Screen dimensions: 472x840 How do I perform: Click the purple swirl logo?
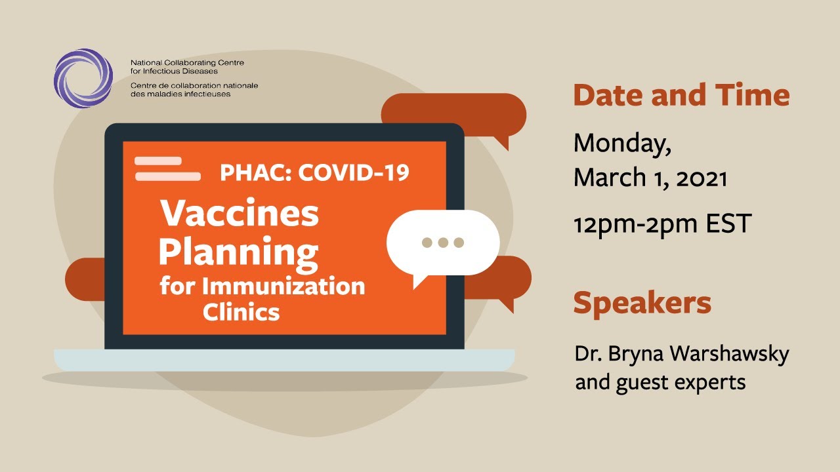coord(83,78)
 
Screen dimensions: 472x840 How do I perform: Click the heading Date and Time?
coord(681,95)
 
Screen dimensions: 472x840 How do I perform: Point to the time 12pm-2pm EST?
coord(662,224)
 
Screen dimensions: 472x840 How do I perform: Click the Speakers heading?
coord(642,303)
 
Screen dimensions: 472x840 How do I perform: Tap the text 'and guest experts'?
coord(660,382)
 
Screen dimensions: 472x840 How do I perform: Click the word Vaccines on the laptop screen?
coord(240,213)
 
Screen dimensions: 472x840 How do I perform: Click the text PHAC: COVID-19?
coord(314,172)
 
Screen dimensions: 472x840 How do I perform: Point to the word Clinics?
coord(241,312)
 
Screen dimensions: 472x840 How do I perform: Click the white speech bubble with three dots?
coord(442,243)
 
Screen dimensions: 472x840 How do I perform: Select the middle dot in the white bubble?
coord(443,243)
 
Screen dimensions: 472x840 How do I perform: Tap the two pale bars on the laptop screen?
coord(167,168)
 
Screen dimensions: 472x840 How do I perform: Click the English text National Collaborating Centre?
coord(186,63)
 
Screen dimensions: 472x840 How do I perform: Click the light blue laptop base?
coord(284,360)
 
